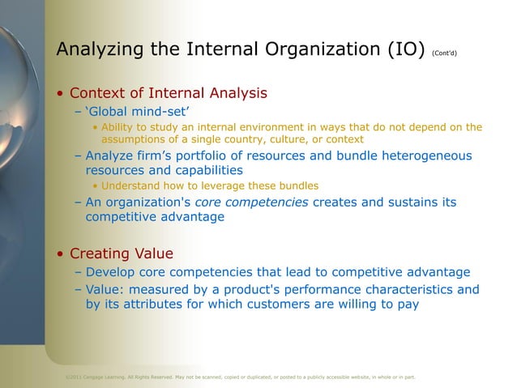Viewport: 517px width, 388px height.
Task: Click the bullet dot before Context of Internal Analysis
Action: pos(61,94)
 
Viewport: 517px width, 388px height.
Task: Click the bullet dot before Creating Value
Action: pos(61,254)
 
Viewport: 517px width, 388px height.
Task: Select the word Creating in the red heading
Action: pos(100,254)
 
